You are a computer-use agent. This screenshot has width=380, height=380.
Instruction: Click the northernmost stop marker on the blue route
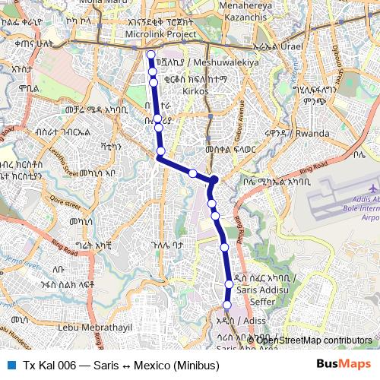(151, 55)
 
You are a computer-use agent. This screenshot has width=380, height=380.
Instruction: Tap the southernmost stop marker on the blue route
(226, 305)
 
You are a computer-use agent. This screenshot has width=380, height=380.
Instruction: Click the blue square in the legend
(10, 366)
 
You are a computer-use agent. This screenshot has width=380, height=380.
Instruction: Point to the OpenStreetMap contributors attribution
(313, 340)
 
